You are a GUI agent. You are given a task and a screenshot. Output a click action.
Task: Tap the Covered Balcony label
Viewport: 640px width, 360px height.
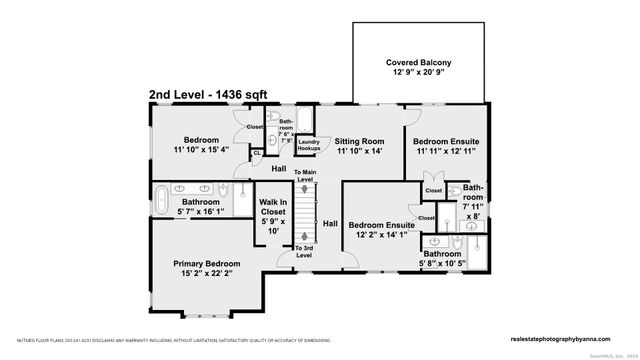[x=415, y=63]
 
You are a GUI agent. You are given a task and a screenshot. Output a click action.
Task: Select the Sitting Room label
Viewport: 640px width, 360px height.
[x=358, y=142]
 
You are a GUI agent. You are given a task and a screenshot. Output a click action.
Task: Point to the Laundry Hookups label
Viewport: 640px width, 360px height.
[x=308, y=146]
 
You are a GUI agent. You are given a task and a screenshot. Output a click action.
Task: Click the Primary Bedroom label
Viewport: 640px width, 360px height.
[x=200, y=263]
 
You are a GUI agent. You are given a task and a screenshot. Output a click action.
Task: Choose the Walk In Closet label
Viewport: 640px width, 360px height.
[x=274, y=206]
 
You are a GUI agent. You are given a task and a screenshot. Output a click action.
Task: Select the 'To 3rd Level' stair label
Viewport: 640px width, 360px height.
[x=305, y=250]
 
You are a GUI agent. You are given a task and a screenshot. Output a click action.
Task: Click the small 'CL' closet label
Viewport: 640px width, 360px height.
[x=256, y=152]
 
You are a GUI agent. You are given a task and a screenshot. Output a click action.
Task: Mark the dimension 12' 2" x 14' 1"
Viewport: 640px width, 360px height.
[x=381, y=236]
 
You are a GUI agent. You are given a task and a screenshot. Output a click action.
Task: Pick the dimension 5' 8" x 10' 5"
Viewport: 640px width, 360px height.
[x=441, y=265]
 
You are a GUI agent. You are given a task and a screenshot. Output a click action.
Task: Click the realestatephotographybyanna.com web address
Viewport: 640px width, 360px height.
[x=567, y=337]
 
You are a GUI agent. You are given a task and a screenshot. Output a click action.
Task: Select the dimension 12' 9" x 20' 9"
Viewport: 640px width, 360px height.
[x=415, y=74]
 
